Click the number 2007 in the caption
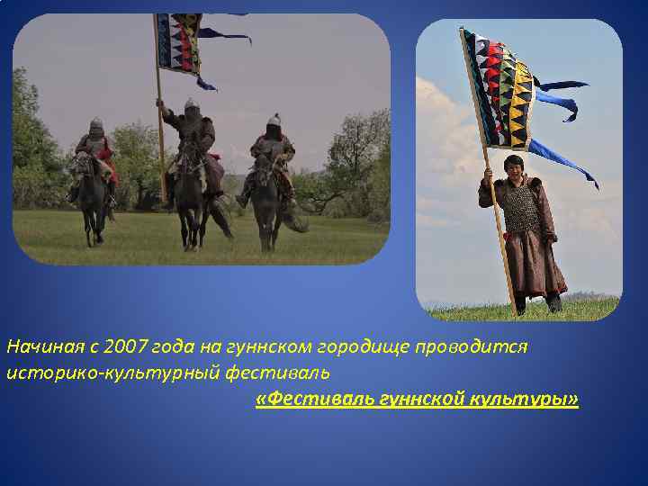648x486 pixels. pyautogui.click(x=124, y=347)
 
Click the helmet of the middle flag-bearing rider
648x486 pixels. pyautogui.click(x=191, y=104)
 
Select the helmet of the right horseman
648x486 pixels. pyautogui.click(x=274, y=119)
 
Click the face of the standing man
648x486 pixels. pyautogui.click(x=513, y=168)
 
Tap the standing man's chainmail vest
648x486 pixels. pyautogui.click(x=519, y=209)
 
